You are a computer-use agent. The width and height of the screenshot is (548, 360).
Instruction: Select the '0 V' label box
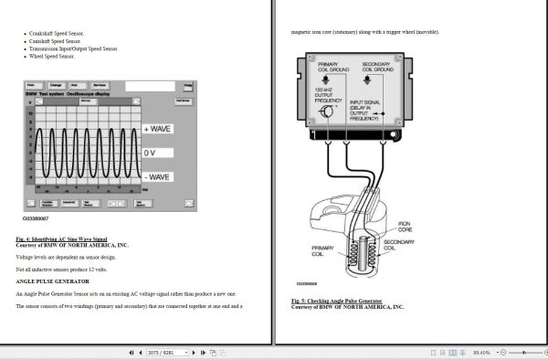pos(151,153)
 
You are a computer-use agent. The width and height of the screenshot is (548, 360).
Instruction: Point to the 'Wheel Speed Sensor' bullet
pos(53,56)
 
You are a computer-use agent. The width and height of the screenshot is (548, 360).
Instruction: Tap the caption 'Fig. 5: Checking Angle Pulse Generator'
pos(337,301)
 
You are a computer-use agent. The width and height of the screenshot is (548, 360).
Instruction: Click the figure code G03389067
pos(37,219)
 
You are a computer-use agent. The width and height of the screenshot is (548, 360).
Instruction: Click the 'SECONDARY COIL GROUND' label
pos(376,68)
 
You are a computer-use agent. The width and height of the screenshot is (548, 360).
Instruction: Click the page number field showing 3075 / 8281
pos(163,352)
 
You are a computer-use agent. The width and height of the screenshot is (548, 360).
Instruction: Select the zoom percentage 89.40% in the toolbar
pos(482,352)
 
